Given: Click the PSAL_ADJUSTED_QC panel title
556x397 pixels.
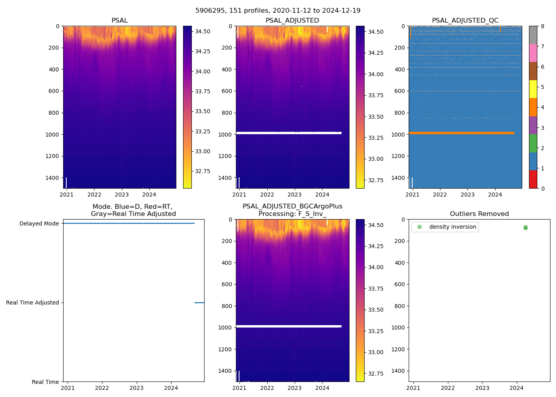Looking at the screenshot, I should (465, 21).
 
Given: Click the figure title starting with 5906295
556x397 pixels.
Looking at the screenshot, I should (278, 11).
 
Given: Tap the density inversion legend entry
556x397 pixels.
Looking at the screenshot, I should (452, 227).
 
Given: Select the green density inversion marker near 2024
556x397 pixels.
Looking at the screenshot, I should (525, 227).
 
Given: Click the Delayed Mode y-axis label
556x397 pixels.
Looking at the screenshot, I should (39, 224).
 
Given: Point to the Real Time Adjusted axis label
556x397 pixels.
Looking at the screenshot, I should (32, 303).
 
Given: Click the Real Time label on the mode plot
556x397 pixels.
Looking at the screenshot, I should (45, 382).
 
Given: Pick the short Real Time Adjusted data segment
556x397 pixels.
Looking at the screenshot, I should (199, 303).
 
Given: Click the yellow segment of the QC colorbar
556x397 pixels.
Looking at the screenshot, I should (533, 89).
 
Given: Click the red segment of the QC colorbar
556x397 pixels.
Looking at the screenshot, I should (533, 179).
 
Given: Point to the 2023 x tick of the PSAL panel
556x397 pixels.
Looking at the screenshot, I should (122, 195).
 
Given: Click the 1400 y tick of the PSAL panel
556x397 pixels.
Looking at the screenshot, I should (52, 178).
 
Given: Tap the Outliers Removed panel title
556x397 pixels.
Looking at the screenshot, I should (479, 214).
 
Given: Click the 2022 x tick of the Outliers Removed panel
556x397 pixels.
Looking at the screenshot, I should (448, 388).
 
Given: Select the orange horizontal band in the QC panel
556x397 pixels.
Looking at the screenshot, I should (461, 133).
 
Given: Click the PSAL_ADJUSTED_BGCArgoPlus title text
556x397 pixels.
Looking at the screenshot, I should (292, 206).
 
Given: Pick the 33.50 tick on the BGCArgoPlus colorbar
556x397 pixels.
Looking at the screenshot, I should (375, 310).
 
